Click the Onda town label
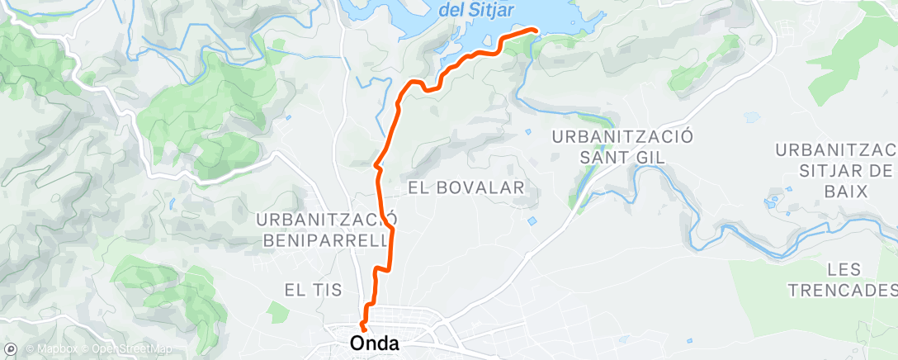coord(376,343)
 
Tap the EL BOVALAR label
coord(466,187)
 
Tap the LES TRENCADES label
coord(842,279)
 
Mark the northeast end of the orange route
coord(536,31)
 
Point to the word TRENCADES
coord(842,290)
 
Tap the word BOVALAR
coord(477,187)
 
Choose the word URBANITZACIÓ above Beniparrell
coord(328,220)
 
